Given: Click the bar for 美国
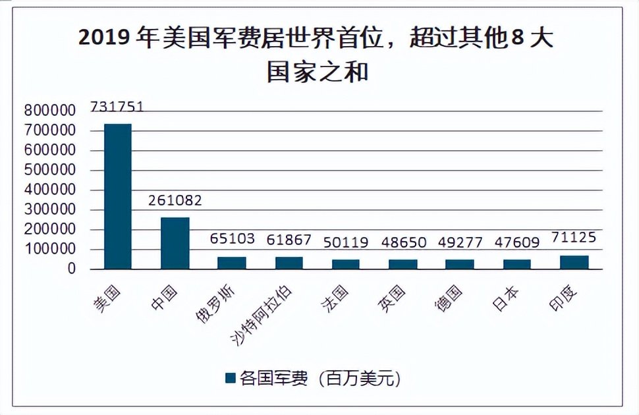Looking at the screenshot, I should pyautogui.click(x=118, y=196).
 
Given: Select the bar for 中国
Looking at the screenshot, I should pyautogui.click(x=175, y=243).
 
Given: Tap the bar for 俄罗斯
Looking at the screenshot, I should pyautogui.click(x=231, y=263).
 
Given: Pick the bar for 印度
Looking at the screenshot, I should pyautogui.click(x=574, y=262).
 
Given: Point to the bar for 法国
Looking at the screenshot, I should pyautogui.click(x=346, y=264).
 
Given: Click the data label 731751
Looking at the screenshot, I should pyautogui.click(x=117, y=107).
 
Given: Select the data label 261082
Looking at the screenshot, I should pyautogui.click(x=175, y=200).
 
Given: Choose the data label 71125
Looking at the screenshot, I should pyautogui.click(x=574, y=237).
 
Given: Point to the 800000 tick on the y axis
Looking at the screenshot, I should pyautogui.click(x=50, y=111).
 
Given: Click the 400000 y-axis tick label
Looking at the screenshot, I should pyautogui.click(x=50, y=190).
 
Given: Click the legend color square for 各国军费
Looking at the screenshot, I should pyautogui.click(x=230, y=378).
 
